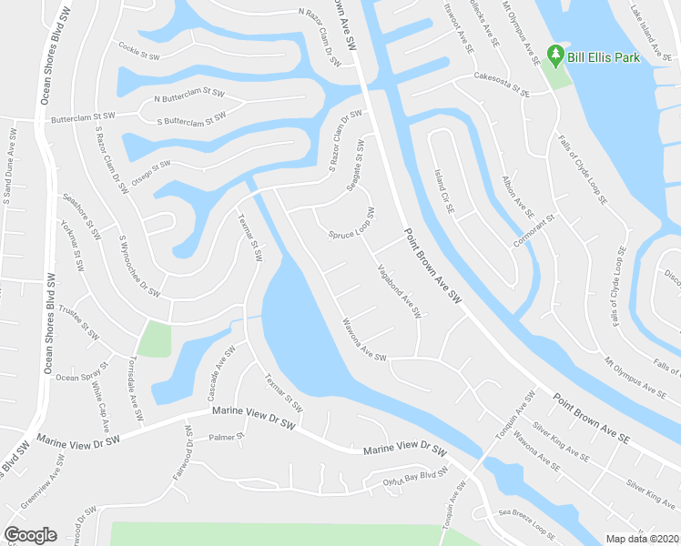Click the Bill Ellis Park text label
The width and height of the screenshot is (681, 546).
click(x=603, y=56)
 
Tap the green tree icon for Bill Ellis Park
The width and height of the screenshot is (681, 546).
click(x=554, y=56)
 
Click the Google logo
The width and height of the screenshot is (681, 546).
click(x=30, y=535)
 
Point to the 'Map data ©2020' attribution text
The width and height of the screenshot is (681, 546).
click(x=642, y=539)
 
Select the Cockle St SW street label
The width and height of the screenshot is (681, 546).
click(x=139, y=51)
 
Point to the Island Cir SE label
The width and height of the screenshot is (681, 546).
click(x=443, y=191)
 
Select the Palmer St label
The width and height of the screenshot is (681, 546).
click(x=228, y=438)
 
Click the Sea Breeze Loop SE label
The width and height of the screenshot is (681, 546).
click(x=526, y=521)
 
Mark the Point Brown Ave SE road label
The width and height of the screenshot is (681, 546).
click(x=591, y=419)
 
